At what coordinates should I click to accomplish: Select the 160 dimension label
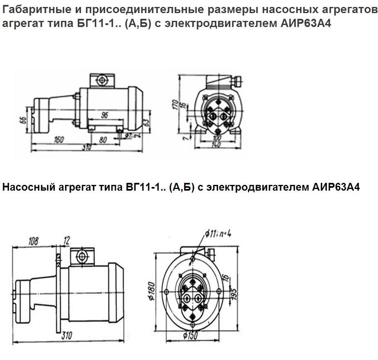click(59, 139)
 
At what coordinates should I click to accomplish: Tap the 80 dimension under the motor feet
click(103, 139)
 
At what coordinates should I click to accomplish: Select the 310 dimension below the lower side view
click(67, 336)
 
